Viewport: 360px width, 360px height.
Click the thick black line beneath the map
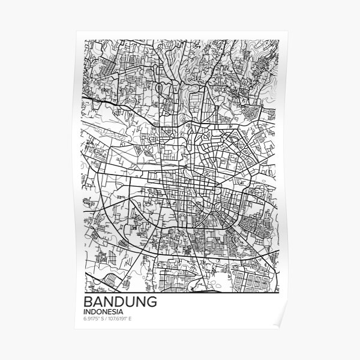click(x=180, y=289)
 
